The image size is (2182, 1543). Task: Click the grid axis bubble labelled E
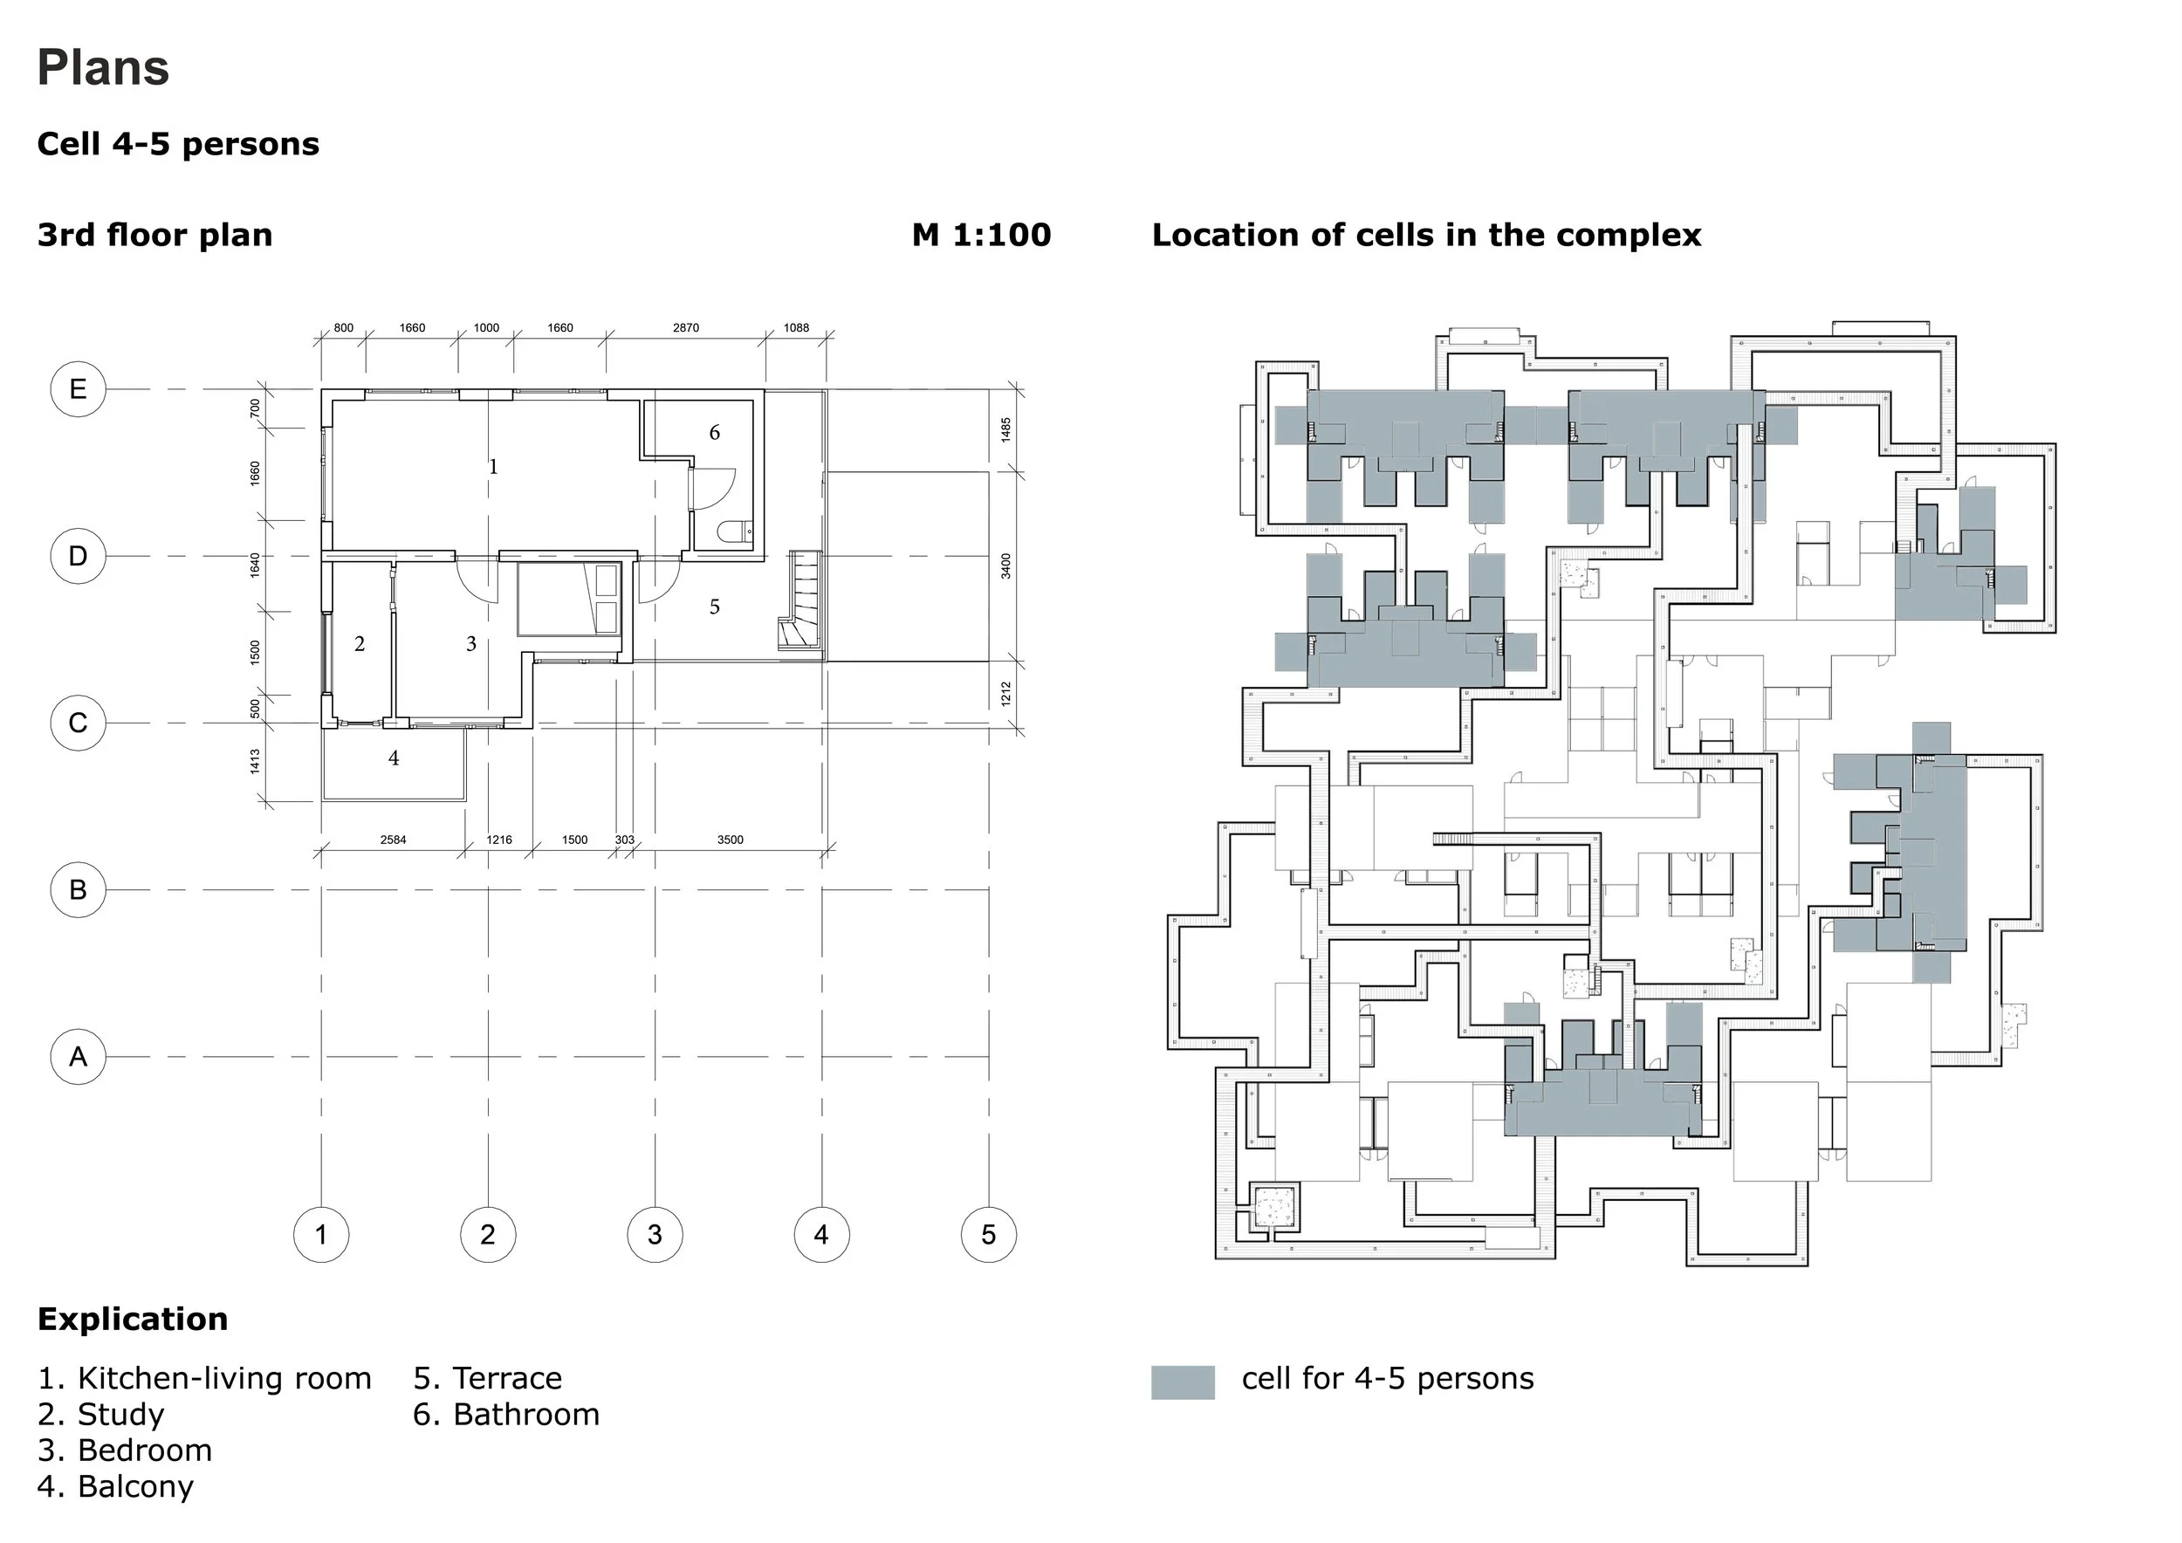78,388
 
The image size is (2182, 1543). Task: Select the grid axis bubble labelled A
78,1057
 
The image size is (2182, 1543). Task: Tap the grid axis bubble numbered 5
988,1234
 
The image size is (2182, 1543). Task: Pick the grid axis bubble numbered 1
321,1234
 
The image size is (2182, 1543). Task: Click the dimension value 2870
685,328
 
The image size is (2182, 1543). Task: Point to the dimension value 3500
730,840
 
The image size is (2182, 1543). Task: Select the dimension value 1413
255,761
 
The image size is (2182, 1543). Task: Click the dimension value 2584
393,840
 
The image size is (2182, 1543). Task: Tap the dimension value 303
624,840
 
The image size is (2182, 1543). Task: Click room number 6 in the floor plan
715,433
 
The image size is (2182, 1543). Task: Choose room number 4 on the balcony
394,758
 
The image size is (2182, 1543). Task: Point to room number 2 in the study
360,644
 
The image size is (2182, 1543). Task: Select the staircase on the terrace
800,600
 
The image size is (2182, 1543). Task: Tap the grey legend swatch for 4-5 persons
1183,1382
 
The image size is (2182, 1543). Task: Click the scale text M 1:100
981,235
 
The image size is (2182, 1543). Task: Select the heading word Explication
132,1319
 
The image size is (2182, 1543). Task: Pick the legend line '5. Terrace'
488,1378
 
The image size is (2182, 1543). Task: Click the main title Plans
103,67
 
